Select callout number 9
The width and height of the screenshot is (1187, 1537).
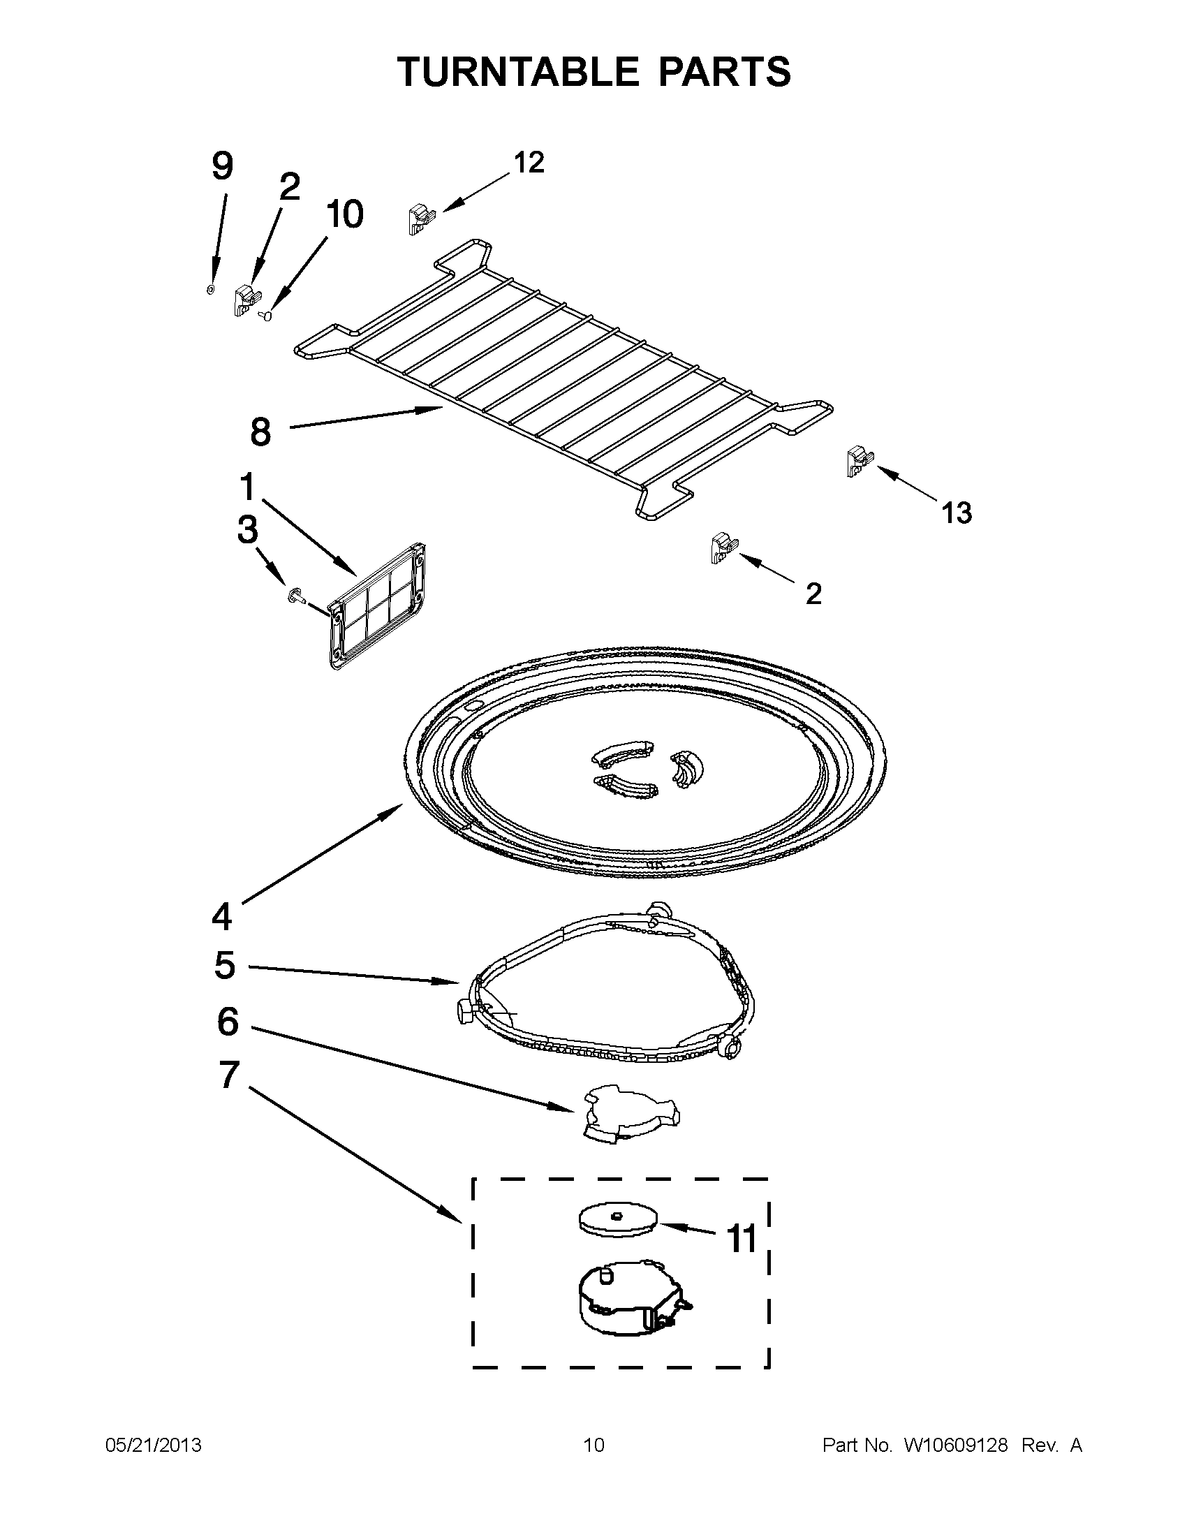click(x=221, y=168)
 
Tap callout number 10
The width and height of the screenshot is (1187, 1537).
click(x=344, y=214)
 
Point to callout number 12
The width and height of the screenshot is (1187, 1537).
click(x=529, y=163)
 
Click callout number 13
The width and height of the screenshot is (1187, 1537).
click(x=957, y=513)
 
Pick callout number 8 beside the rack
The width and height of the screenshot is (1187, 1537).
click(x=260, y=432)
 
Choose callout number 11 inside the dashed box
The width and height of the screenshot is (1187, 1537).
click(x=741, y=1239)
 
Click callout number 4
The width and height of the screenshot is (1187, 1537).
click(x=221, y=917)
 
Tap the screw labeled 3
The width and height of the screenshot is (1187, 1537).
click(x=296, y=597)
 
